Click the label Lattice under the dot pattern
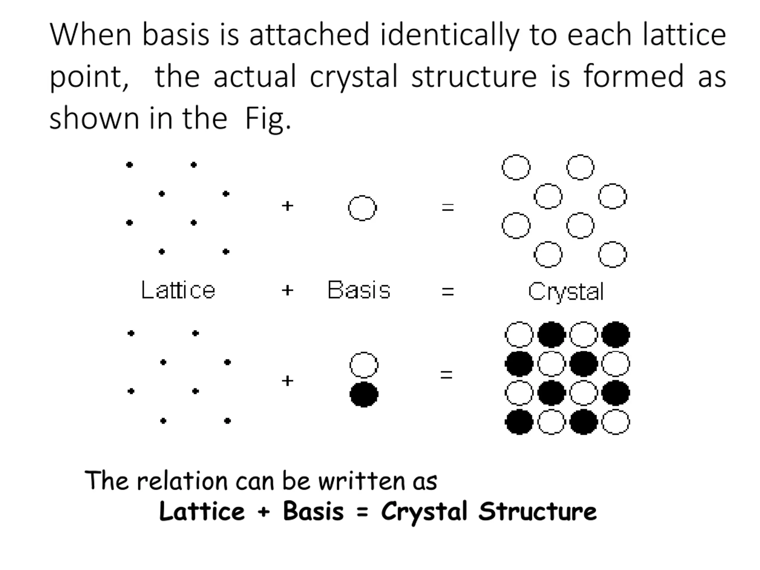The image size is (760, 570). coord(178,290)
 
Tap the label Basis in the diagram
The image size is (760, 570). coord(359,290)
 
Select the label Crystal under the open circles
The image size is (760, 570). coord(566,292)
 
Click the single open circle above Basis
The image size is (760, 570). coord(362,208)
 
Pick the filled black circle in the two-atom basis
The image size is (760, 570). coord(364,395)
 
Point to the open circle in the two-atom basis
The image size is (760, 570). coord(364,365)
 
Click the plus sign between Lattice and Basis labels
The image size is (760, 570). coord(287,290)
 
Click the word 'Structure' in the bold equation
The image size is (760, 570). coord(537,512)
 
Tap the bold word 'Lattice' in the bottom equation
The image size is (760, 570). coord(202,512)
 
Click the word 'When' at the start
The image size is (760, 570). coord(90,35)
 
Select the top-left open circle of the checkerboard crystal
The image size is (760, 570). coord(519,335)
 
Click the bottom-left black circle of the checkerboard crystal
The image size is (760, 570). coord(519,422)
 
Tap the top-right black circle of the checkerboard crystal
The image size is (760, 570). coord(616,335)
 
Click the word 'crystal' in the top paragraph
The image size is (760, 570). coord(353,77)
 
